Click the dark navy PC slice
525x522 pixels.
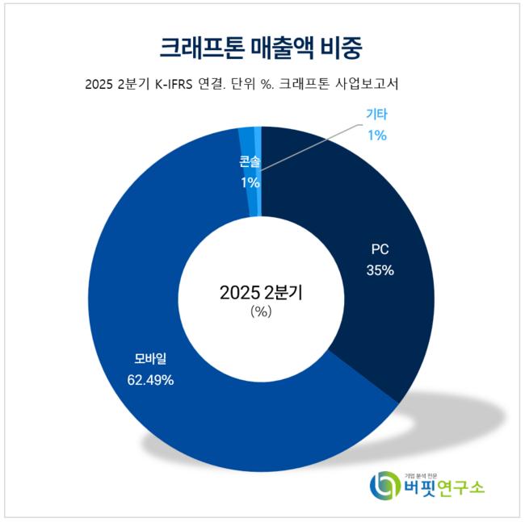[355, 210]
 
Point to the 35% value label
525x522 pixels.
[380, 270]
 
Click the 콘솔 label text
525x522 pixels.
[250, 161]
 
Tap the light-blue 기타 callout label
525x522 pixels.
[376, 115]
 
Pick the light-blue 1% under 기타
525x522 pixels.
[376, 135]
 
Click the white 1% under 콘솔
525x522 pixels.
[250, 182]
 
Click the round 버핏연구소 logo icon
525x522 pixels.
[384, 485]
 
